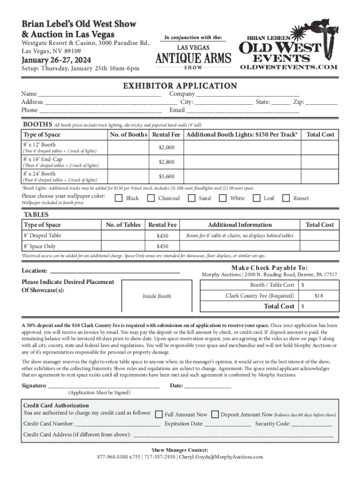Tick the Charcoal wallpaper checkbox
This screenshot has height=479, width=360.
tap(151, 198)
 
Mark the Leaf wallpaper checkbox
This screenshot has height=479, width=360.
tap(256, 198)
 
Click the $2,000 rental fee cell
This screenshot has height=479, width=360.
tap(166, 147)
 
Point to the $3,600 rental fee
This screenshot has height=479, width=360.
tap(166, 176)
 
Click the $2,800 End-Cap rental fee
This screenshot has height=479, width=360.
tap(166, 162)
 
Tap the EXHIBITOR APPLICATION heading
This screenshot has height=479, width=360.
tap(180, 86)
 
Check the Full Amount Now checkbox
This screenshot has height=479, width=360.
tap(159, 414)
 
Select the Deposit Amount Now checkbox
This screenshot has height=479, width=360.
tap(215, 414)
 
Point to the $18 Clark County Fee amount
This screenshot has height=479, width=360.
tap(318, 296)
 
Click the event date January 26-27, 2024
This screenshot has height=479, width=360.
tap(56, 60)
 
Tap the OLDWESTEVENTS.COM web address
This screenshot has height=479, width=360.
tap(288, 67)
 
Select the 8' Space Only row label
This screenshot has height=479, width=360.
tap(40, 246)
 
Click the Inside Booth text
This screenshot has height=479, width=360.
tap(157, 296)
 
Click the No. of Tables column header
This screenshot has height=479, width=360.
tap(123, 225)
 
